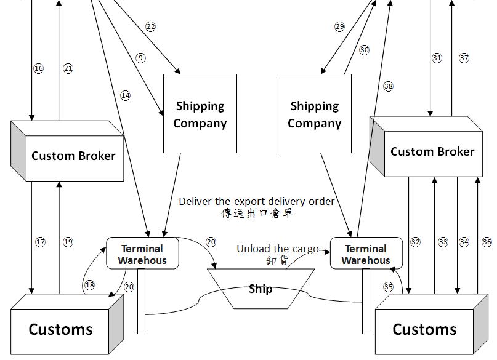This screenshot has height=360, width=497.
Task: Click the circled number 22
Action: pos(150,26)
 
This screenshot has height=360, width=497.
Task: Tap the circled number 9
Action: pos(140,58)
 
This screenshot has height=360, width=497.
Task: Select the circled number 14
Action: pos(126,95)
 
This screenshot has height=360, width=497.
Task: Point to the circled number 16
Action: pos(39,68)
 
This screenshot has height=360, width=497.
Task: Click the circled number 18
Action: pos(90,285)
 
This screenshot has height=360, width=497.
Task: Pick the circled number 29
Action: pos(339,26)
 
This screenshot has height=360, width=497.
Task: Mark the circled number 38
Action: pos(388,86)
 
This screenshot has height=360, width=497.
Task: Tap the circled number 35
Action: pos(388,287)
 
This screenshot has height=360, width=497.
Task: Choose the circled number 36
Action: pos(487,242)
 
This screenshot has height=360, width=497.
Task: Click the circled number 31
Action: pos(437,58)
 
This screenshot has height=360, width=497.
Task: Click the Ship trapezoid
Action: pos(261,289)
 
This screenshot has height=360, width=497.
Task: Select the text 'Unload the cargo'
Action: pos(278,249)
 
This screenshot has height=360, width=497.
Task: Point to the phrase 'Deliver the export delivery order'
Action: pos(257,201)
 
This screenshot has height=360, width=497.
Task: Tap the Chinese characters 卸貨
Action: pos(277,260)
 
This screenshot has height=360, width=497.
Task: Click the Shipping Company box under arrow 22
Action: pos(200,114)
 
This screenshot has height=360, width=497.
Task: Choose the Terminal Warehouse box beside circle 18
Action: pos(142,254)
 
